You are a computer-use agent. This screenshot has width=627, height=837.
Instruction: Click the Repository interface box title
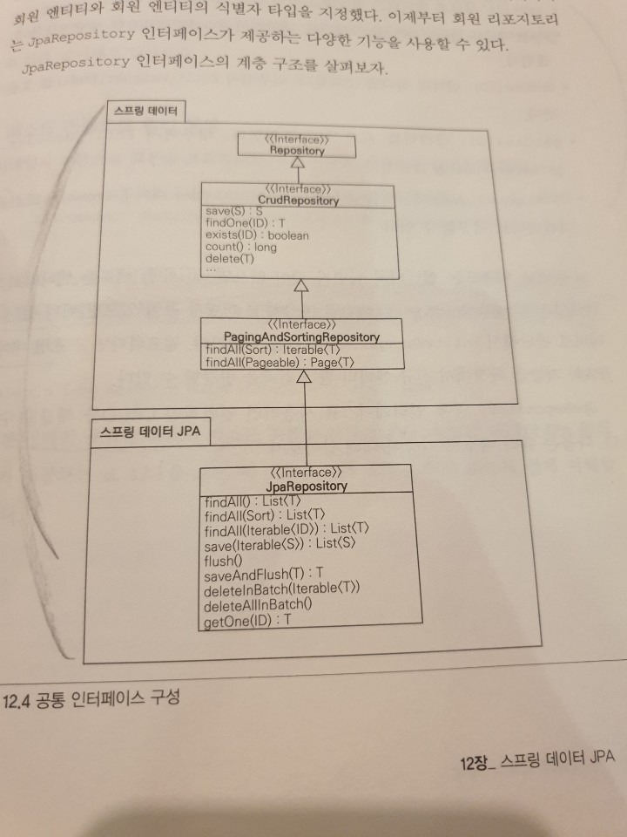[x=297, y=151]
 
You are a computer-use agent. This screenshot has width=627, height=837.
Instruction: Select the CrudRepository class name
[x=298, y=201]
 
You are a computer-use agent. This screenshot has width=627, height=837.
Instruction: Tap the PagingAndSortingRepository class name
[x=302, y=337]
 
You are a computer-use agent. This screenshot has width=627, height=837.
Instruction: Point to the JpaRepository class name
[x=307, y=486]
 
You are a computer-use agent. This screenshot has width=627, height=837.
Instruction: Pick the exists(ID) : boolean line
[x=257, y=235]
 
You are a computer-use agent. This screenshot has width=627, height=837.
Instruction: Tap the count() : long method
[x=241, y=247]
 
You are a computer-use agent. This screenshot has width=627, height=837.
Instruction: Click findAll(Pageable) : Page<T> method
[x=280, y=363]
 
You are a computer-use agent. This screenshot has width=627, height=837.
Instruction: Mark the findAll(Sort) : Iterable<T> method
[x=273, y=350]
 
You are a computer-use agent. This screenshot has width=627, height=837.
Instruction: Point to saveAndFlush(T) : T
[x=263, y=574]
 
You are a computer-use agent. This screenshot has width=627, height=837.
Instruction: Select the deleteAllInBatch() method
[x=258, y=605]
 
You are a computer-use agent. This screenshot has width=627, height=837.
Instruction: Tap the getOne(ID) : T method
[x=248, y=621]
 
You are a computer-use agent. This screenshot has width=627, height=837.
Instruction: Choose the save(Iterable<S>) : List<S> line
[x=280, y=544]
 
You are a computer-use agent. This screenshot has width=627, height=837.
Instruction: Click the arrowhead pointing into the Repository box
[x=298, y=163]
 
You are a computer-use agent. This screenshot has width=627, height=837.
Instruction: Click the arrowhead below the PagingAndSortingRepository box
[x=303, y=377]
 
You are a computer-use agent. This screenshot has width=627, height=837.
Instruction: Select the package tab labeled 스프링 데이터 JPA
[x=151, y=432]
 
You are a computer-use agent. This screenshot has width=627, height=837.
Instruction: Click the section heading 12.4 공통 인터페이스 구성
[x=91, y=698]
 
